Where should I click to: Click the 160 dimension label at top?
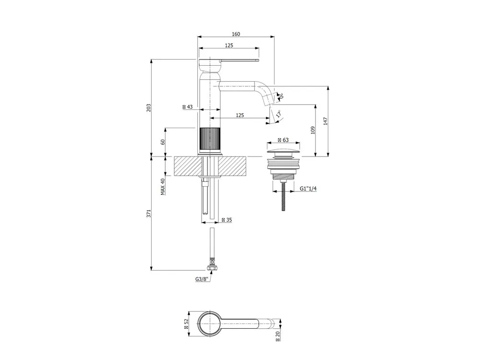[x=236, y=34]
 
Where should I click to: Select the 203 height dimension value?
[x=149, y=108]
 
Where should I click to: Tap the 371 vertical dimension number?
[x=149, y=214]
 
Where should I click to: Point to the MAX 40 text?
[x=163, y=187]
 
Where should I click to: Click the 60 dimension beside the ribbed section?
[x=163, y=142]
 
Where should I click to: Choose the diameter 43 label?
[x=188, y=107]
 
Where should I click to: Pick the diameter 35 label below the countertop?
[x=227, y=220]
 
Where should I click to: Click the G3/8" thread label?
[x=202, y=279]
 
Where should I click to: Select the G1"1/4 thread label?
[x=308, y=189]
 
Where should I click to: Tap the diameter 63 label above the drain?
[x=283, y=140]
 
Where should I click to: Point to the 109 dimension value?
[x=312, y=130]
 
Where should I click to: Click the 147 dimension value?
[x=325, y=121]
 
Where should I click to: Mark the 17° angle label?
[x=278, y=115]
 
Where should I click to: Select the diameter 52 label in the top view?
[x=186, y=324]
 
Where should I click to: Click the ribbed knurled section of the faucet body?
[x=210, y=141]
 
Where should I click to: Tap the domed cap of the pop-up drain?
[x=284, y=152]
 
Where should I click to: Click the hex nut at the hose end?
[x=212, y=268]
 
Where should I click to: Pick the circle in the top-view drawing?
[x=210, y=324]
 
